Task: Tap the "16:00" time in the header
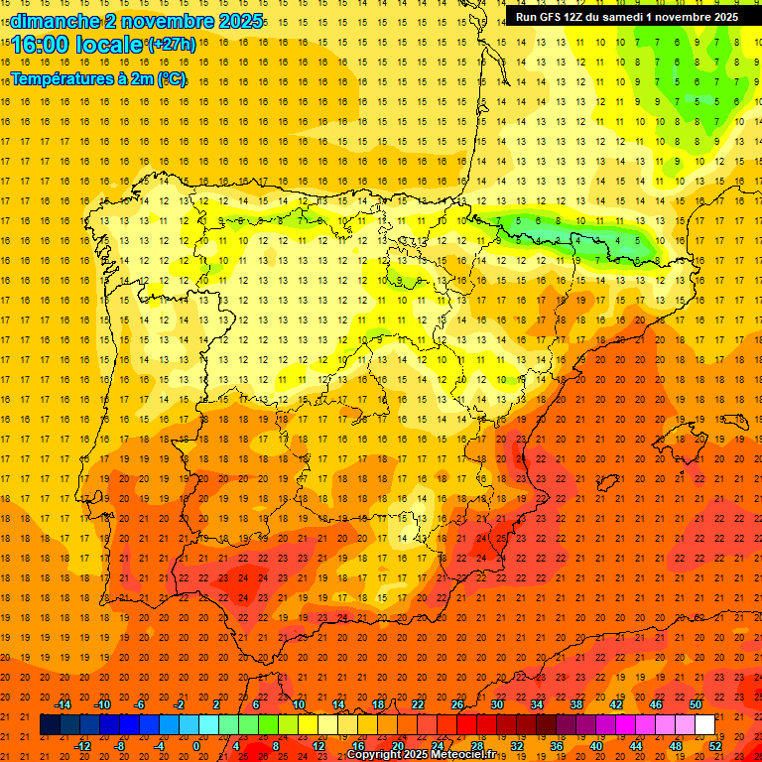pos(39,45)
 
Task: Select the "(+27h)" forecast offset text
pos(171,45)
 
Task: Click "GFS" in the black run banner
pos(556,17)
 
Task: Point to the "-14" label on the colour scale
pos(63,704)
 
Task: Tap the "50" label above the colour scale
pos(696,704)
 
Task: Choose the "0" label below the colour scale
pos(196,746)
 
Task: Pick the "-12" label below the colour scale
pos(83,746)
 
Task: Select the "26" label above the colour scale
pos(457,704)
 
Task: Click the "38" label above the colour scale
pos(576,704)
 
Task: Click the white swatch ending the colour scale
pos(705,725)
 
